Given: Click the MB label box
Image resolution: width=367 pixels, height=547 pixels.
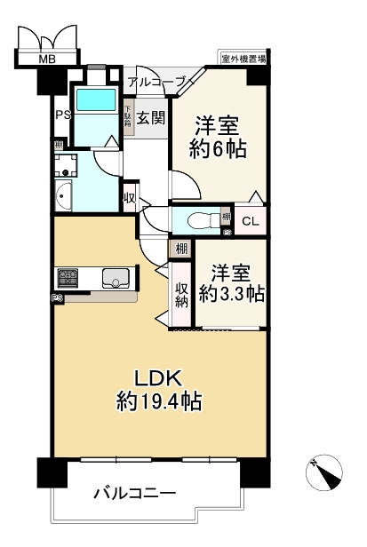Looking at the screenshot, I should coord(44,60).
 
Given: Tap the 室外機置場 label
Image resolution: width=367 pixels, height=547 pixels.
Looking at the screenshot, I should coord(245,59).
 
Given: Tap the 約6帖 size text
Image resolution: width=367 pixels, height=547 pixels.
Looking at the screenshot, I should coord(217,147).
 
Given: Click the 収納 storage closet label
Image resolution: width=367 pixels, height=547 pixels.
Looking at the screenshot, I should coord(182,294).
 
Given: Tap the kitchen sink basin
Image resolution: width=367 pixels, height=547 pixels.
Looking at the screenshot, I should coord(116,279).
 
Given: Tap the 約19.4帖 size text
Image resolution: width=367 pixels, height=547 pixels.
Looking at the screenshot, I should coord(159,401).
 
